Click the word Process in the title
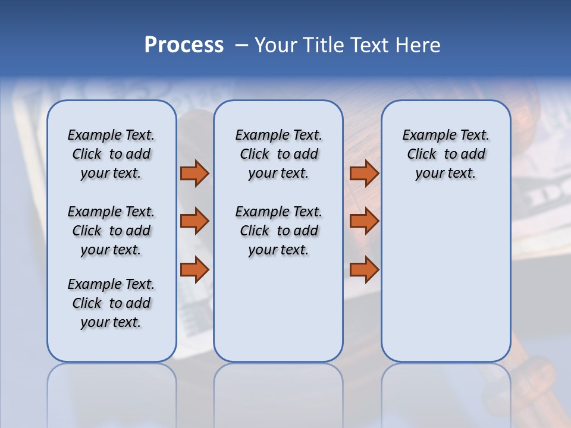point(184,45)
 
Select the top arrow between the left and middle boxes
point(194,173)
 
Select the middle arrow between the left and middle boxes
point(194,221)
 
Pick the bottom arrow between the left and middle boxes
point(194,270)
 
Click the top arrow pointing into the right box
point(364,173)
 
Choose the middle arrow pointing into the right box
point(364,221)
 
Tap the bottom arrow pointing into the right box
point(364,270)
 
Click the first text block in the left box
point(111,154)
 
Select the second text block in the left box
point(111,231)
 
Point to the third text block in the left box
point(111,303)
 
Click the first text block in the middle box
point(278,154)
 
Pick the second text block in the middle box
point(278,231)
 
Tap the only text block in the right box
point(445,154)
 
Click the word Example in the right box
point(424,136)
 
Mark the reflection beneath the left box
point(112,386)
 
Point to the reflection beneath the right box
point(445,386)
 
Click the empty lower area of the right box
point(445,279)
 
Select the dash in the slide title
point(241,45)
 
